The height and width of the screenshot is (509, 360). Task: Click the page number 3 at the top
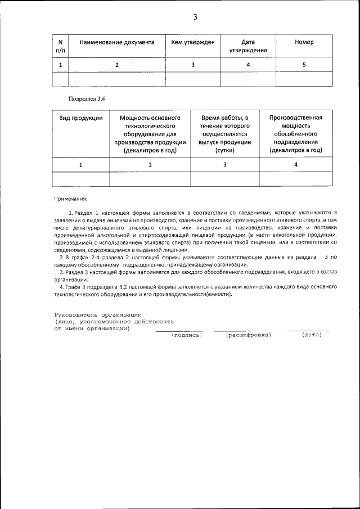pos(195,17)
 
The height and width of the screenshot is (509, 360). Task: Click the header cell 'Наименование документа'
pos(116,42)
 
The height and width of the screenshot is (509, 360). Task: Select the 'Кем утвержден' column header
pos(192,42)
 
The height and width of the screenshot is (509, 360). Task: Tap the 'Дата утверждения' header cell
pos(248,46)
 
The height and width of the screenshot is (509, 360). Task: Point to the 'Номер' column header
pos(304,42)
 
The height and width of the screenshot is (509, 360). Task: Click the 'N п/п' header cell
pos(60,46)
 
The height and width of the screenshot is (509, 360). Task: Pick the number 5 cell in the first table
pos(304,65)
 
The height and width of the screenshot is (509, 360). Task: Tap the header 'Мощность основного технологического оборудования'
pos(150,134)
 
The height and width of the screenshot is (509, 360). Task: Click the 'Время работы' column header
pos(224,134)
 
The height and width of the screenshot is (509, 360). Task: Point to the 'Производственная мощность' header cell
pos(295,134)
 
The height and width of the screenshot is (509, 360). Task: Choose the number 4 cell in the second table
pos(295,165)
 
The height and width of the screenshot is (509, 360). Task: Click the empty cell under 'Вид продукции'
pos(81,179)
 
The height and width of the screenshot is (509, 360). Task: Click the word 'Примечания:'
pos(71,199)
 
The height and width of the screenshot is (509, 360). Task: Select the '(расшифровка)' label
pos(248,335)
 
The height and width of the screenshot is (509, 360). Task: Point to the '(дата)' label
pos(311,335)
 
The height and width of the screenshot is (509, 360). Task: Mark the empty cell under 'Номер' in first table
pos(304,79)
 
